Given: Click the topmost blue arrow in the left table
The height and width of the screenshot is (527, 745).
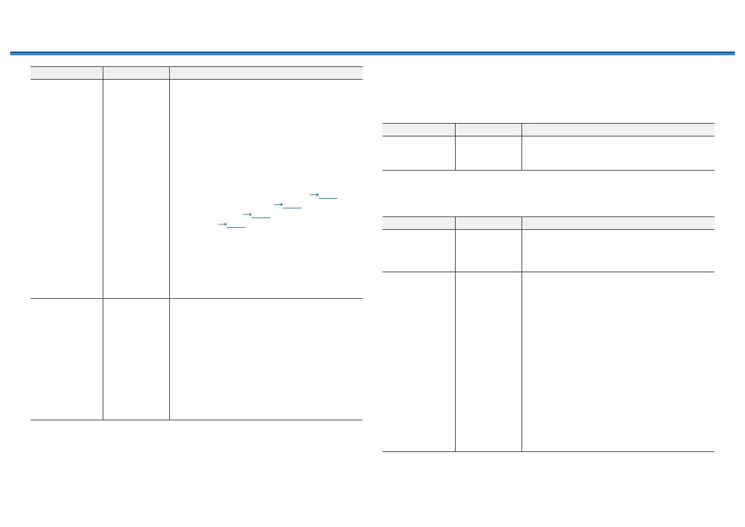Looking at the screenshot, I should pyautogui.click(x=315, y=195).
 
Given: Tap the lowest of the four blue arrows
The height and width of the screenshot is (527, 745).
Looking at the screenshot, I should pyautogui.click(x=222, y=224).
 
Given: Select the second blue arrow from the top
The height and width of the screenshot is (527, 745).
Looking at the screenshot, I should pyautogui.click(x=279, y=204).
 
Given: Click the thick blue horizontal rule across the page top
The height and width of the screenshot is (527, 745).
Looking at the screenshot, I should pyautogui.click(x=372, y=53).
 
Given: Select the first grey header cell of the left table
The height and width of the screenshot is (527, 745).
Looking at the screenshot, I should pyautogui.click(x=66, y=73).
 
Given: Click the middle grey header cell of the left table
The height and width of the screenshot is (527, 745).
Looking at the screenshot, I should pyautogui.click(x=136, y=73).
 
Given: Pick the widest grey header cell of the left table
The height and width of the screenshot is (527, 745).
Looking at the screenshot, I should pyautogui.click(x=266, y=73).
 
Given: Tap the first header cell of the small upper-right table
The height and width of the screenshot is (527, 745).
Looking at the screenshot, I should pyautogui.click(x=419, y=129).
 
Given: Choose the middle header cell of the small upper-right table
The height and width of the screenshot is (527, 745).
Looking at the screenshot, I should pyautogui.click(x=488, y=129).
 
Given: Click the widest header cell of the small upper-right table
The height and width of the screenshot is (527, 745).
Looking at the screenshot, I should pyautogui.click(x=618, y=129).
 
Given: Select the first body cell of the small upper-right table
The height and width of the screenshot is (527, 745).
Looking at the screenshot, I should pyautogui.click(x=419, y=153).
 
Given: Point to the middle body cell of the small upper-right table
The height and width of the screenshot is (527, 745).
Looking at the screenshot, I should pyautogui.click(x=488, y=153).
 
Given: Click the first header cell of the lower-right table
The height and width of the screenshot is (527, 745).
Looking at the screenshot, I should pyautogui.click(x=419, y=223).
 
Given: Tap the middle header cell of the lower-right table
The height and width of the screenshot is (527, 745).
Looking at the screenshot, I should pyautogui.click(x=488, y=223).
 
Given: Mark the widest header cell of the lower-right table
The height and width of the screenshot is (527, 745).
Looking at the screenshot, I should pyautogui.click(x=618, y=223).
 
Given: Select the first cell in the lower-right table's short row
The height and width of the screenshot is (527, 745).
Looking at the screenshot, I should pyautogui.click(x=419, y=250).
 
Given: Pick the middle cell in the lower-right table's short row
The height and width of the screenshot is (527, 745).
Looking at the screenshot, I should pyautogui.click(x=488, y=250).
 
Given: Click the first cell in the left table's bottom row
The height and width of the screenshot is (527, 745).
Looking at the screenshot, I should pyautogui.click(x=66, y=359).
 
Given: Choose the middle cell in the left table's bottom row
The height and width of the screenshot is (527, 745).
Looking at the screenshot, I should pyautogui.click(x=136, y=359).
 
